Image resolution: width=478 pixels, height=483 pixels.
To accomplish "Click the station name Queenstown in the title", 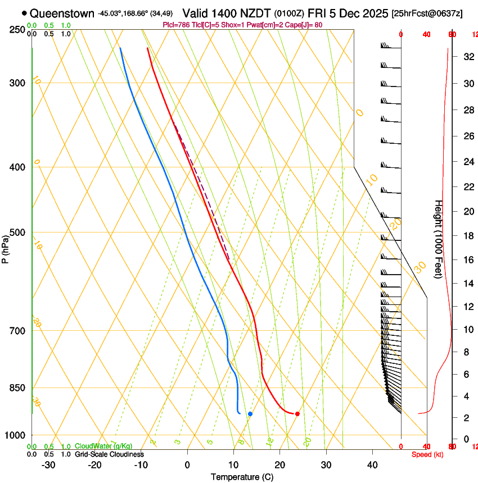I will [62, 13].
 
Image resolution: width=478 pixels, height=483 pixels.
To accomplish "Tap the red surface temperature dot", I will [297, 414].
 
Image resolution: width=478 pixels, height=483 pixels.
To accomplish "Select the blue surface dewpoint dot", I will [250, 414].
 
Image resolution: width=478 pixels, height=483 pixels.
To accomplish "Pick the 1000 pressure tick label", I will [16, 435].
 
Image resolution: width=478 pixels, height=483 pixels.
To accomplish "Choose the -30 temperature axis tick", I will [48, 464].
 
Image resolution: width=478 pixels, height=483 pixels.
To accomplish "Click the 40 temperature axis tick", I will [372, 464].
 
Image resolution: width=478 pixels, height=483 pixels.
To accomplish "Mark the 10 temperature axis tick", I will [233, 464].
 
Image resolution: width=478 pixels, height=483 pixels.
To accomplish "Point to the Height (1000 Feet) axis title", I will [439, 239].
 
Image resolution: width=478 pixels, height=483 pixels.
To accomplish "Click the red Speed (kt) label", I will [427, 454].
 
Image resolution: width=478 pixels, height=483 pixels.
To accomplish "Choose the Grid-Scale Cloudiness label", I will [109, 454].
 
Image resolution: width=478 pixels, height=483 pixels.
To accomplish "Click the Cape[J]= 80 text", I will [323, 25].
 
